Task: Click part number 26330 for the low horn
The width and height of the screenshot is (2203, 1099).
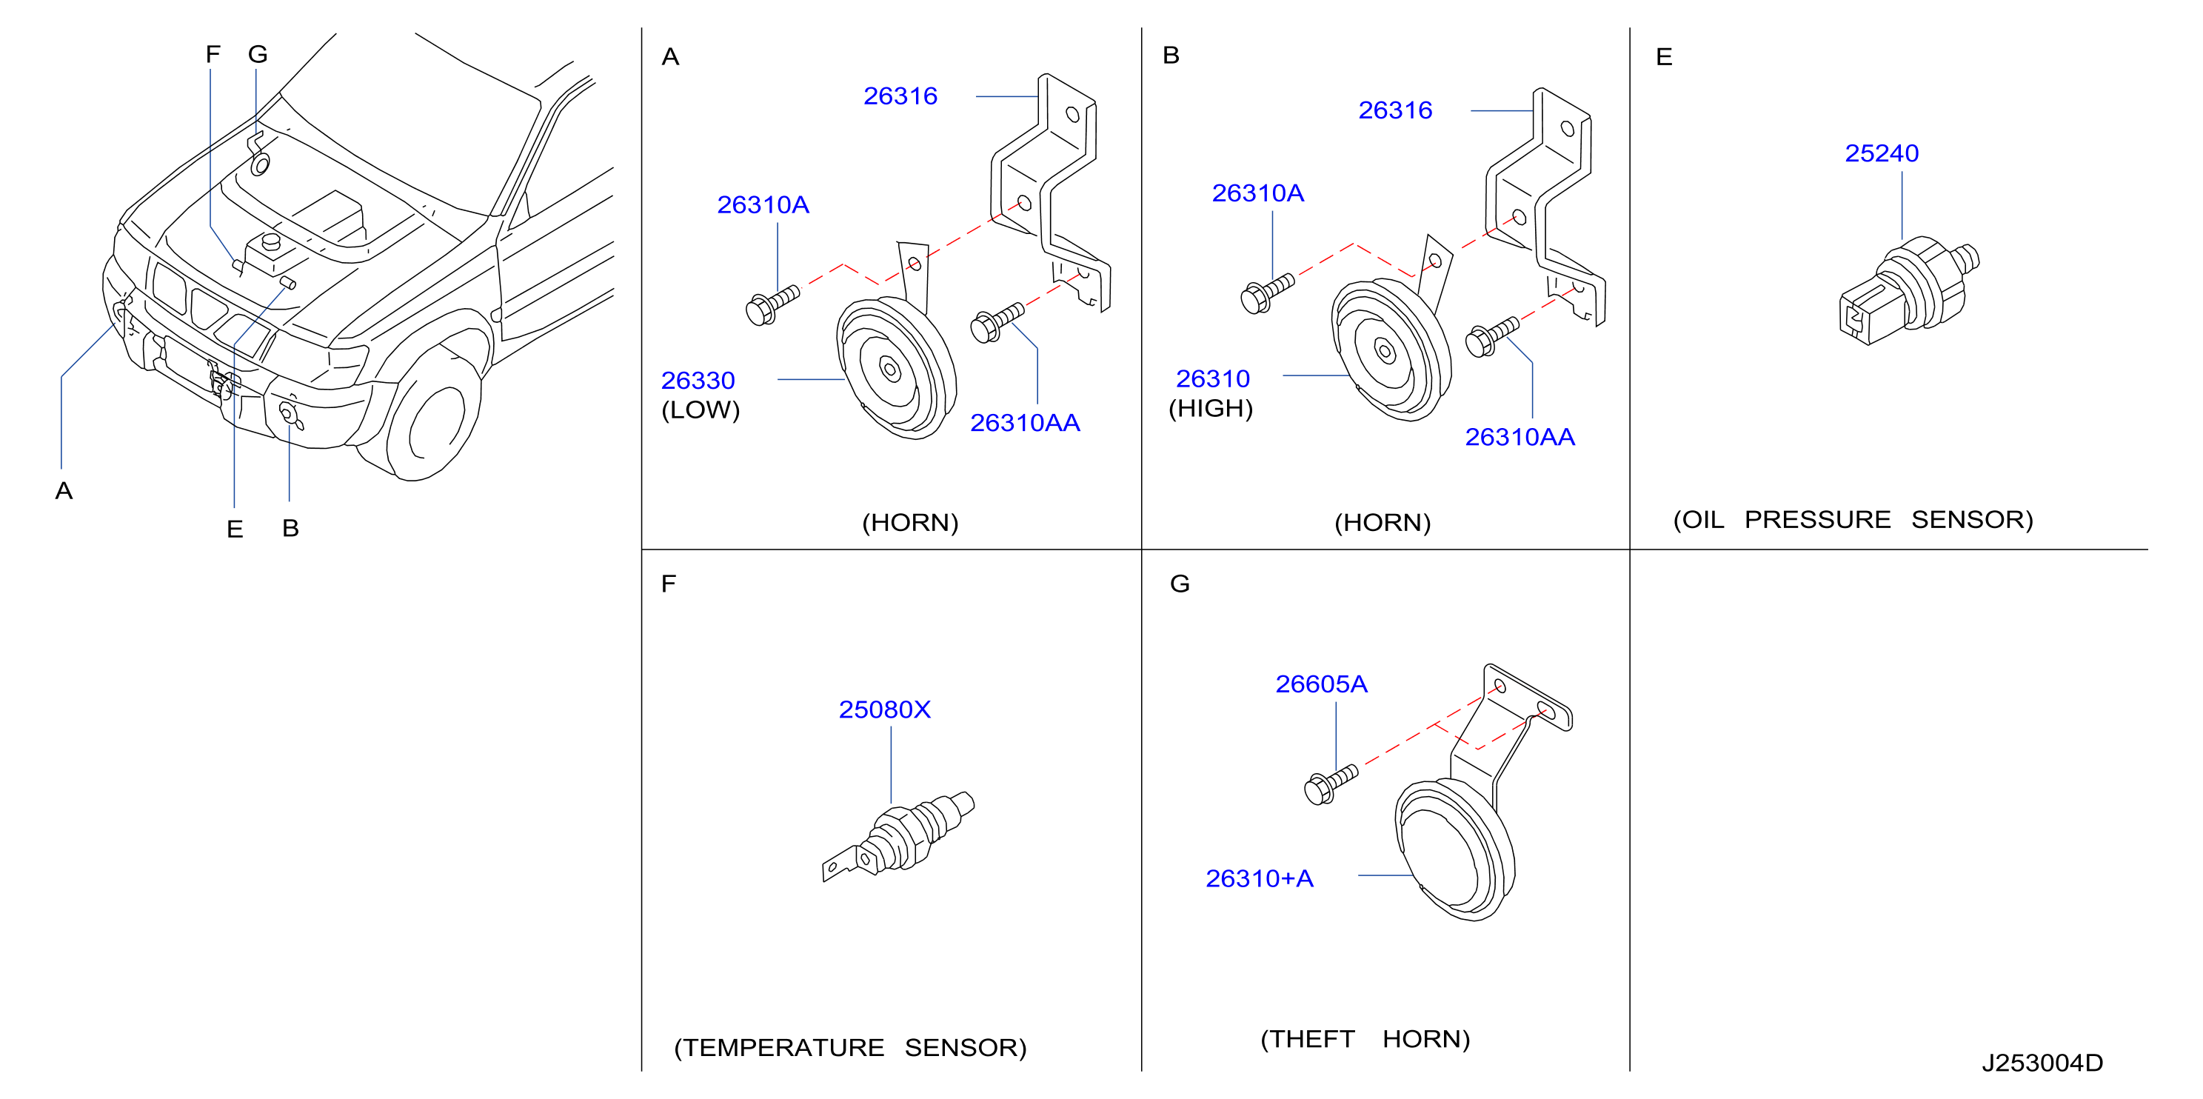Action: point(698,381)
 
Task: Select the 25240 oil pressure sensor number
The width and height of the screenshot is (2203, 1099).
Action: point(1882,153)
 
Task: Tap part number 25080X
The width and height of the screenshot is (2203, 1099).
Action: point(884,710)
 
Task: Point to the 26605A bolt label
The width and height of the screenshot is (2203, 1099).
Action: point(1321,684)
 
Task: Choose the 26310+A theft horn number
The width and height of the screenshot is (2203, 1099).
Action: point(1259,878)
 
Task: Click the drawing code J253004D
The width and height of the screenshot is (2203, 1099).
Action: point(2042,1063)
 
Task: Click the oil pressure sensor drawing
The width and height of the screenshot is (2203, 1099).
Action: point(1909,291)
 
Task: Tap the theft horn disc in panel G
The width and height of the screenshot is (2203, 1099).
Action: point(1454,851)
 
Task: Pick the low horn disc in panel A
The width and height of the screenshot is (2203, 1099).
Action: point(895,368)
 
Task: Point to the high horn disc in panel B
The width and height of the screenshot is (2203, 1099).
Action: point(1391,350)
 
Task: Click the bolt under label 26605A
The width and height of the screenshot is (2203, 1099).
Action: point(1331,784)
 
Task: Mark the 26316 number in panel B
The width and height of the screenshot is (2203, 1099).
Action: point(1395,110)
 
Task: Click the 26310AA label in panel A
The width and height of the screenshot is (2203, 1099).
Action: point(1025,424)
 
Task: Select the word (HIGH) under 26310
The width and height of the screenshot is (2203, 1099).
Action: point(1210,409)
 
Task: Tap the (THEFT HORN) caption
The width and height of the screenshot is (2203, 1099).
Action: point(1365,1039)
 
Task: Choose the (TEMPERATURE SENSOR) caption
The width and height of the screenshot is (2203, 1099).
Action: point(850,1048)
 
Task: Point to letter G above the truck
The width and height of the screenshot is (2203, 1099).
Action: point(258,55)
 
